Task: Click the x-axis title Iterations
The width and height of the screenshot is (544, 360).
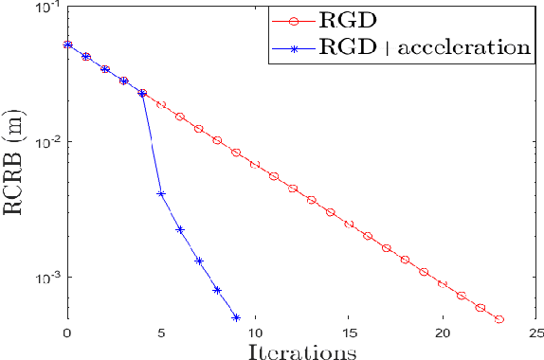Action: pyautogui.click(x=301, y=351)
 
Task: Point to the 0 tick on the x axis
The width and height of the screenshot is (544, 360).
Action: pyautogui.click(x=66, y=333)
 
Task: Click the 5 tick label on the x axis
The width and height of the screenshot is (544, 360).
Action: pyautogui.click(x=160, y=333)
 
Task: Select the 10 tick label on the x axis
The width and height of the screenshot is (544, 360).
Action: pyautogui.click(x=254, y=333)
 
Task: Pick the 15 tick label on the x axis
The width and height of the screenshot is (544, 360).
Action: pyautogui.click(x=348, y=333)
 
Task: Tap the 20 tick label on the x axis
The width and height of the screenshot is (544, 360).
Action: pyautogui.click(x=442, y=333)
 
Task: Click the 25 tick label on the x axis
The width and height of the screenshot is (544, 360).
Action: pyautogui.click(x=535, y=333)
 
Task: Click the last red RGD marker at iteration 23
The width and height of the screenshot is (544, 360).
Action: pyautogui.click(x=499, y=319)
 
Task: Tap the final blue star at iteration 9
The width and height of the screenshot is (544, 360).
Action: pyautogui.click(x=236, y=317)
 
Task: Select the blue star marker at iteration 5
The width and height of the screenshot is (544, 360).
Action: pyautogui.click(x=161, y=194)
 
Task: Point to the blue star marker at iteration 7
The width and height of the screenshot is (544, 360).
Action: pyautogui.click(x=199, y=261)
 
